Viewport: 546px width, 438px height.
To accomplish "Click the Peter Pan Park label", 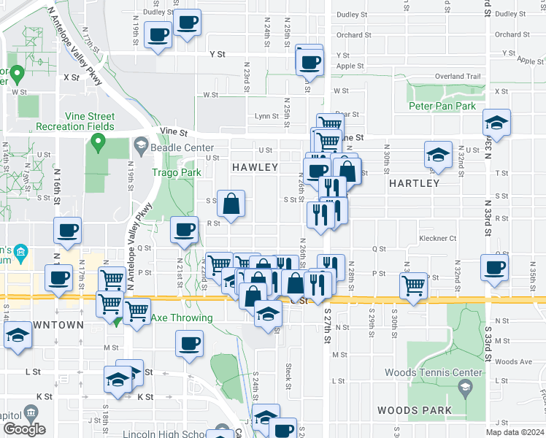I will point(442,107).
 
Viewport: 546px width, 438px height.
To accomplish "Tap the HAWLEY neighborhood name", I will point(255,168).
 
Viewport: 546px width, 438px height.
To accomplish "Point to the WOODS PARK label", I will point(415,410).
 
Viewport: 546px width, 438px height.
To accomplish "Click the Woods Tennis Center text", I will point(434,373).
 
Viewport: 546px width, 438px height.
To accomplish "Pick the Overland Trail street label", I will point(458,77).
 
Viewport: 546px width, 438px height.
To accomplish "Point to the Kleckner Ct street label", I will point(437,238).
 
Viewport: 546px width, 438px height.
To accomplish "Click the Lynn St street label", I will point(266,116).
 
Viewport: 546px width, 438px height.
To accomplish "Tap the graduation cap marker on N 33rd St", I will point(496,124).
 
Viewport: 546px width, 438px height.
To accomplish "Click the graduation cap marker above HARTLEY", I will point(438,155).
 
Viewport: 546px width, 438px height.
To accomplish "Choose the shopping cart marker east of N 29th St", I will point(414,283).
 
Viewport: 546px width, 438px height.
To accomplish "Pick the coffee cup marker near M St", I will point(189,343).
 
